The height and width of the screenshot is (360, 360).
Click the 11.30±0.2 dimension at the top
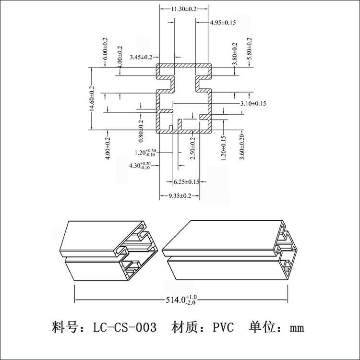click(184, 9)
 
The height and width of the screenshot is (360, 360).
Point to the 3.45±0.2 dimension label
click(142, 58)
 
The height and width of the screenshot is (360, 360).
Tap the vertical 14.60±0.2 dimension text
click(92, 99)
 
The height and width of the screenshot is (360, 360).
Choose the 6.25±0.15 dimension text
click(186, 182)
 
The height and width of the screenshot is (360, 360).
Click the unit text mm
click(297, 329)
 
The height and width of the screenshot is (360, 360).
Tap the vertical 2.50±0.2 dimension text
click(193, 149)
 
